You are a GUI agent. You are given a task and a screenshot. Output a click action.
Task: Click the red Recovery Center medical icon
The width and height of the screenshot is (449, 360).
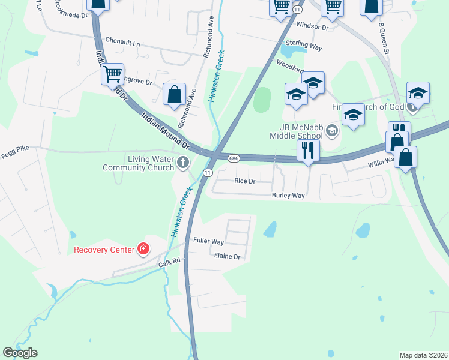click(x=143, y=249)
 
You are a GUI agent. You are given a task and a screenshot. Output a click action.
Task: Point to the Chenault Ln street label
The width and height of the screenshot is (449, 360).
click(x=122, y=44)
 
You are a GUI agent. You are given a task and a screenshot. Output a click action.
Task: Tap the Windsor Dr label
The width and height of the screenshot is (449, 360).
click(x=313, y=27)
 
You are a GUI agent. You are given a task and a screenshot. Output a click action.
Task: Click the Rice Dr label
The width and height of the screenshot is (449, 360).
click(x=245, y=181)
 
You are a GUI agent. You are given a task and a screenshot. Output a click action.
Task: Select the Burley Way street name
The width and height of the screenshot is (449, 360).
click(x=288, y=196)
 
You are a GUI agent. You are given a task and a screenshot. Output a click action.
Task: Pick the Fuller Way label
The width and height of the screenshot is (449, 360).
click(x=208, y=241)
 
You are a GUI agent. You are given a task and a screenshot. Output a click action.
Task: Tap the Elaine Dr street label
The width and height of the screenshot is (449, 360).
click(x=227, y=256)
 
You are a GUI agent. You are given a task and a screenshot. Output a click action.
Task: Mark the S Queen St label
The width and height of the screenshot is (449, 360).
click(x=384, y=39)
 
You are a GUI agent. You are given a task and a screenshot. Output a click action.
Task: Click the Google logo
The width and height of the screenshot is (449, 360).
click(x=20, y=353)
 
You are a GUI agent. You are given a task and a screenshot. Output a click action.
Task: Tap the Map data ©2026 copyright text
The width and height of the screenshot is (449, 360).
click(x=423, y=355)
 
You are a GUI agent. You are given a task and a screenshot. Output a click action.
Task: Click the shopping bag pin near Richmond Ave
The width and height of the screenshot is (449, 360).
click(x=173, y=94)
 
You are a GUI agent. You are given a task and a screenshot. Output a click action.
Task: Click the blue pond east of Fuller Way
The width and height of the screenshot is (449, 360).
click(x=271, y=229)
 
